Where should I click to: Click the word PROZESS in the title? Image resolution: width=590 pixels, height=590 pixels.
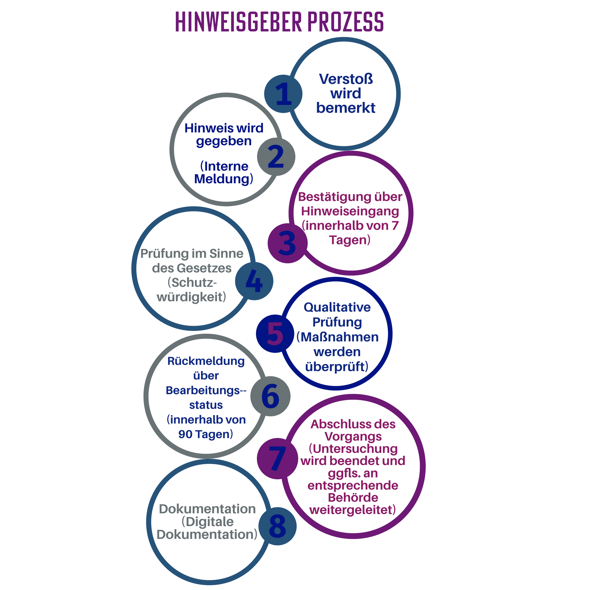tap(345, 22)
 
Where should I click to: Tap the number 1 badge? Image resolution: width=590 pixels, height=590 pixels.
tap(283, 94)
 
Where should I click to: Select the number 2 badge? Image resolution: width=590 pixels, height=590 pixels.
tap(276, 157)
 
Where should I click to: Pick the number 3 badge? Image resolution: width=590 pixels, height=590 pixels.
tap(287, 243)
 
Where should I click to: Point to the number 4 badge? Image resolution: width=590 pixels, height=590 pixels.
tap(254, 281)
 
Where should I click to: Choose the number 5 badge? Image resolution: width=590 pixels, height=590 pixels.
tap(275, 333)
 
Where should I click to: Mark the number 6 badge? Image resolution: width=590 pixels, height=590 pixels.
tap(270, 396)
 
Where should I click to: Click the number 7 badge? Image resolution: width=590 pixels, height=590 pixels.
tap(277, 458)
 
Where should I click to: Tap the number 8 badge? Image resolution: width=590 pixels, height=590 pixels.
tap(277, 526)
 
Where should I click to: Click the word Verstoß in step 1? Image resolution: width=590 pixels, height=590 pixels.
tap(346, 79)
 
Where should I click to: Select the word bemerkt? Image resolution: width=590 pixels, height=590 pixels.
tap(346, 108)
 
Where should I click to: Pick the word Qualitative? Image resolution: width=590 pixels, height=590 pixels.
tap(337, 307)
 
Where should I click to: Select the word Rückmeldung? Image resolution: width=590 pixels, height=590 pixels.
tap(206, 361)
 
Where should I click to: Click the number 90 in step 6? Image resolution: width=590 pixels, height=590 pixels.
tap(185, 434)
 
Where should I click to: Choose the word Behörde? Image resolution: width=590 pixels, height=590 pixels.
tap(353, 498)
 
